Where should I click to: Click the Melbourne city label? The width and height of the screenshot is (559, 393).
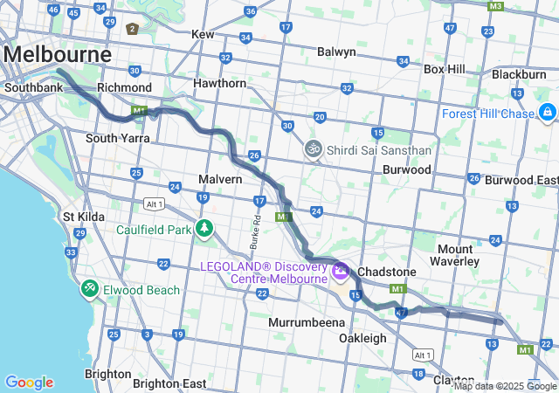[x=58, y=54]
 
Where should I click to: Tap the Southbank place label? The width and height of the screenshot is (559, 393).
[x=31, y=88]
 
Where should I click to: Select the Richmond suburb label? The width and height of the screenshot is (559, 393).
[x=125, y=88]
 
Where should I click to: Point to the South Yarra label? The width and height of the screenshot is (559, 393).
[x=117, y=138]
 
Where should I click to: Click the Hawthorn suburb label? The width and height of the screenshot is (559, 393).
[x=220, y=83]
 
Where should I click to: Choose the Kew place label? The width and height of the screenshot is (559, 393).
[x=203, y=34]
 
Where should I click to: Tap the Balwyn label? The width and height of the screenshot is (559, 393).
[x=336, y=52]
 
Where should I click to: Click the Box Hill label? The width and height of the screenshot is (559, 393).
[x=445, y=69]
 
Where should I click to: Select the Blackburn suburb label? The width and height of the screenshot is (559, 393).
[x=519, y=74]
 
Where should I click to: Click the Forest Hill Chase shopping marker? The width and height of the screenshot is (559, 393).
[x=548, y=112]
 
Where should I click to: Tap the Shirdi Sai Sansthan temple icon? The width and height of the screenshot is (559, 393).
[x=313, y=149]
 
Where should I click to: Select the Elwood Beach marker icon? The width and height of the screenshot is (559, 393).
[x=90, y=288]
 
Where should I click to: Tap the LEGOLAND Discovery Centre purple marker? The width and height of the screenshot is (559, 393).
[x=340, y=272]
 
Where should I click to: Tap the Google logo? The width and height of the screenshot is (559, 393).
[x=29, y=383]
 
